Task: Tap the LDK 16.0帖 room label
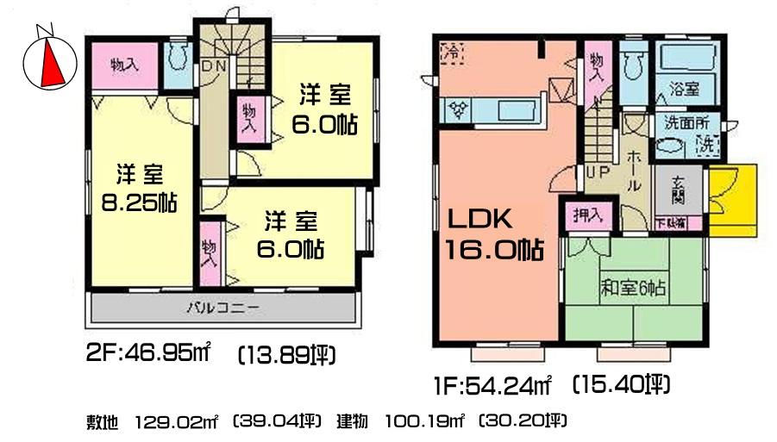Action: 493,234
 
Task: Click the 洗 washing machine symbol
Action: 705,144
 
